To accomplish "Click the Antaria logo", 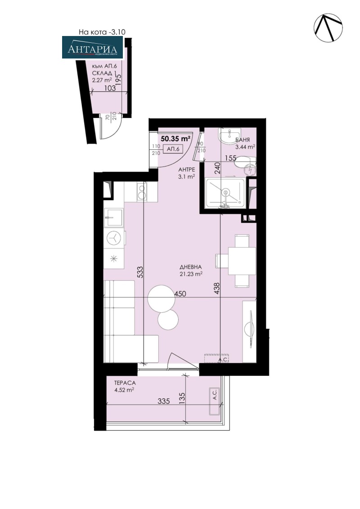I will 92,49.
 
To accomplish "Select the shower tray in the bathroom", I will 225,193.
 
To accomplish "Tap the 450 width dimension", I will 180,294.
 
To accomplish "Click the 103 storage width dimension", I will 109,89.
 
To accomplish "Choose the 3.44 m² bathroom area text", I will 246,146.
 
